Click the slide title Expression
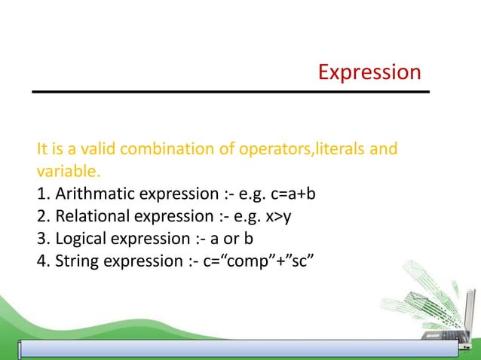(369, 72)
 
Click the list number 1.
(41, 194)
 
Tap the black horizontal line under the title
(230, 92)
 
